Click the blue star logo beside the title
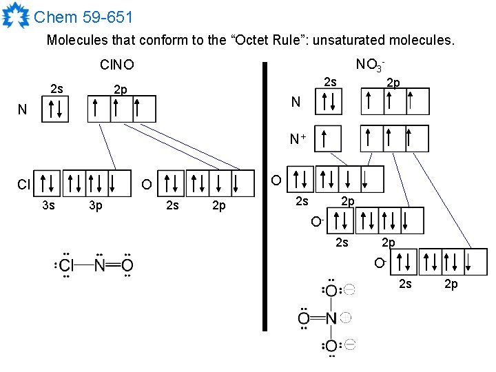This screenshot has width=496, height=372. pyautogui.click(x=16, y=16)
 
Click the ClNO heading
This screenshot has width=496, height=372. pyautogui.click(x=117, y=65)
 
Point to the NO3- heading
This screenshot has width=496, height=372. pyautogui.click(x=370, y=65)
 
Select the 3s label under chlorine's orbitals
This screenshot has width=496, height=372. pyautogui.click(x=49, y=205)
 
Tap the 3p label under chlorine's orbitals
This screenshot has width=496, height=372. pyautogui.click(x=96, y=205)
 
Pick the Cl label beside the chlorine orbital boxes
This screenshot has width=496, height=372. pyautogui.click(x=23, y=185)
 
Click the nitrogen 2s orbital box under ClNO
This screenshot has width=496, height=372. pyautogui.click(x=56, y=109)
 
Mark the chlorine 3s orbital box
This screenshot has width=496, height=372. pyautogui.click(x=48, y=183)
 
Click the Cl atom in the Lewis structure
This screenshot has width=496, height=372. pyautogui.click(x=67, y=265)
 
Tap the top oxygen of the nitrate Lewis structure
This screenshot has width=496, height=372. pyautogui.click(x=331, y=291)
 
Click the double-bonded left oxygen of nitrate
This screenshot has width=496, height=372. pyautogui.click(x=304, y=318)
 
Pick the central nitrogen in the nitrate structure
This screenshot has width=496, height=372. pyautogui.click(x=331, y=318)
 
